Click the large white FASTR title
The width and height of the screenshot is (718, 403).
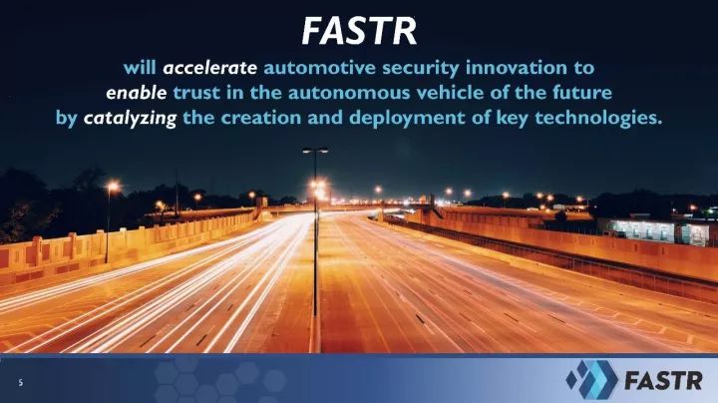pyautogui.click(x=359, y=31)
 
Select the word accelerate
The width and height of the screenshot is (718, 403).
pyautogui.click(x=209, y=68)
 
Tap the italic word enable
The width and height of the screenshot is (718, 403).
pyautogui.click(x=136, y=93)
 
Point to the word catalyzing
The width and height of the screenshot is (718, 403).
pyautogui.click(x=130, y=119)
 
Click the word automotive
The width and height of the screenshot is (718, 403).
pyautogui.click(x=320, y=68)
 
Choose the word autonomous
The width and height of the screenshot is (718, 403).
pyautogui.click(x=349, y=93)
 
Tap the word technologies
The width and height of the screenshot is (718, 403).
pyautogui.click(x=598, y=119)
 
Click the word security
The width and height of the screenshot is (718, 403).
pyautogui.click(x=421, y=69)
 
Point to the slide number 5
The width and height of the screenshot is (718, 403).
pyautogui.click(x=21, y=382)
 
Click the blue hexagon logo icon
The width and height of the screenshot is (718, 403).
pyautogui.click(x=591, y=380)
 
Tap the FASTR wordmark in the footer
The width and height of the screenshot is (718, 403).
pyautogui.click(x=663, y=380)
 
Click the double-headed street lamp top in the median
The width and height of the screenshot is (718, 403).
pyautogui.click(x=315, y=150)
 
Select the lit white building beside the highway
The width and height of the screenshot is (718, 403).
pyautogui.click(x=655, y=230)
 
